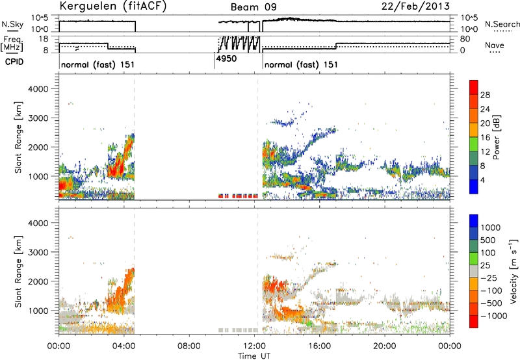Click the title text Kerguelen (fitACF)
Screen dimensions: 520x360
coord(112,6)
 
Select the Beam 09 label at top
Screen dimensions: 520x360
coord(253,7)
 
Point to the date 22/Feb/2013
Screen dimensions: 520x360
coord(415,6)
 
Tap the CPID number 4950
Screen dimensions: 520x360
coord(226,58)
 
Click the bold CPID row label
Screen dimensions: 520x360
coord(14,62)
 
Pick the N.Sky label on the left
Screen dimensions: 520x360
coord(12,24)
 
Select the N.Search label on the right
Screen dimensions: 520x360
coord(502,24)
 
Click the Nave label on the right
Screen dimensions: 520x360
coord(495,45)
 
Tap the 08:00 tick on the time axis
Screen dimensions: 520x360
coord(189,346)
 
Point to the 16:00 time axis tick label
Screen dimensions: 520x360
coord(319,346)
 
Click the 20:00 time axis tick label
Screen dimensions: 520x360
coord(385,346)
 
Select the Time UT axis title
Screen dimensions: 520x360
coord(254,356)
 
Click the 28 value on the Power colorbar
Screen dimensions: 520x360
coord(485,96)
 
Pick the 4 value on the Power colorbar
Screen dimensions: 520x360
coord(482,181)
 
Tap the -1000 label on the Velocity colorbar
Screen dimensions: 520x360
coord(493,316)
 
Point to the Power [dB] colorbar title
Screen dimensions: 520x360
coord(497,137)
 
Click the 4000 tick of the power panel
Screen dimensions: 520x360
coord(39,89)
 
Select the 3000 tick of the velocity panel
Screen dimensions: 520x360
coord(39,252)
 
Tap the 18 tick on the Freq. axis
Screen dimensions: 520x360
coord(44,39)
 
